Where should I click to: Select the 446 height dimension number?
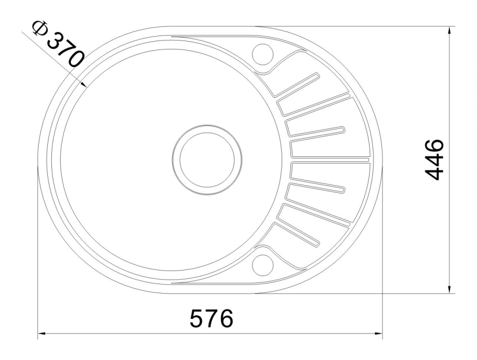tap(435, 159)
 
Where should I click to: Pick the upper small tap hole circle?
tap(263, 53)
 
